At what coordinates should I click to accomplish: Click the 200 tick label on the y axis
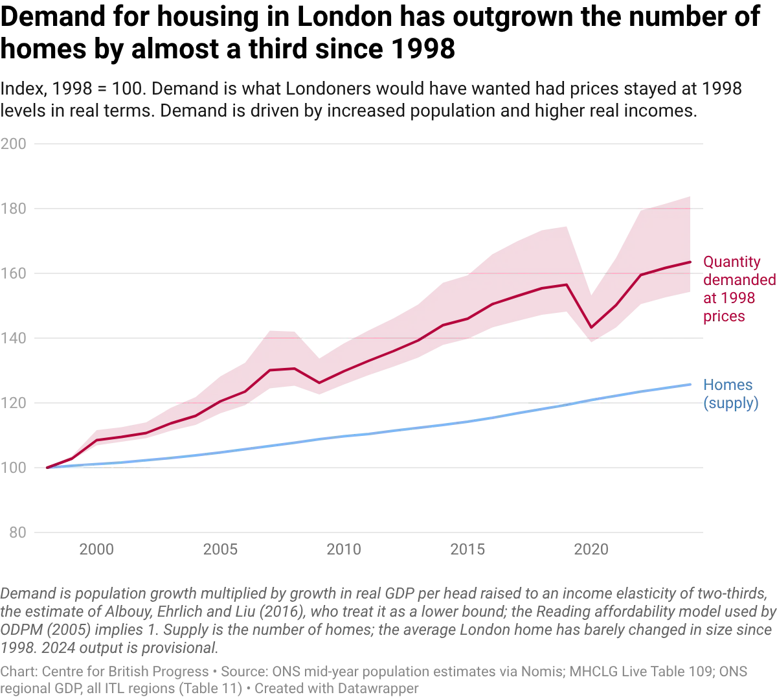click(14, 144)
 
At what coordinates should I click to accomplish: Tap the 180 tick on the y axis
click(14, 209)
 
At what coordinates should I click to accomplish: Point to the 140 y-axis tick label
click(14, 338)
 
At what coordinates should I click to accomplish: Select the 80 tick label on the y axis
click(17, 532)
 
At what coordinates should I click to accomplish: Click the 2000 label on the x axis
click(96, 549)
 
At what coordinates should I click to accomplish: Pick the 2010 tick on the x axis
click(344, 549)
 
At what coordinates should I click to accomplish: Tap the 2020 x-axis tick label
click(591, 549)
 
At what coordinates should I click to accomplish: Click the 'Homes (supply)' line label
click(730, 394)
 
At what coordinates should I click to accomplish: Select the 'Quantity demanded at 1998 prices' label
click(739, 289)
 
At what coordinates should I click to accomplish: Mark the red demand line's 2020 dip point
click(591, 327)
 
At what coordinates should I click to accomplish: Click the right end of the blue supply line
click(690, 384)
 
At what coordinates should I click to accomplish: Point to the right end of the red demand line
click(690, 262)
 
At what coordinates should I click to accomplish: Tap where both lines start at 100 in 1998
click(47, 468)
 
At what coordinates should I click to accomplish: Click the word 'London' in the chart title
click(344, 17)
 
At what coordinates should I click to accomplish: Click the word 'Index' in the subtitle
click(23, 89)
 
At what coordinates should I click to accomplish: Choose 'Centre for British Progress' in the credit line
click(125, 672)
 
